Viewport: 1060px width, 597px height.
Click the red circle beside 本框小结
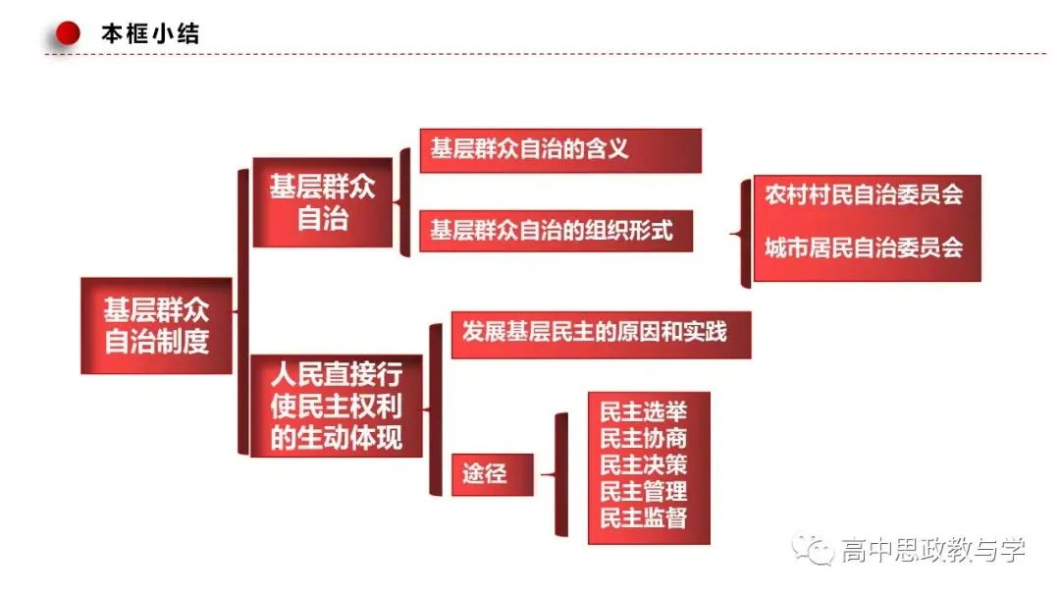tap(68, 33)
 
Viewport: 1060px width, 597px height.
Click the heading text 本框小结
tap(150, 33)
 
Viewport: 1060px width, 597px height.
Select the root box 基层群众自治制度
tap(156, 325)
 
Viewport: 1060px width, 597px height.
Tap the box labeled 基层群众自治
tap(323, 202)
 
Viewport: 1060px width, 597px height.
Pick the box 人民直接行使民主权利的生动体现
tap(336, 406)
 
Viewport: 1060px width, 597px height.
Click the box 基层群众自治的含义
tap(560, 150)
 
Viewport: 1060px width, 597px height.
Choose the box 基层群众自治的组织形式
tap(556, 231)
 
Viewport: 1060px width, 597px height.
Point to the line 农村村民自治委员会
tap(864, 194)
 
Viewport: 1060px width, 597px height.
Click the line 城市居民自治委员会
tap(864, 247)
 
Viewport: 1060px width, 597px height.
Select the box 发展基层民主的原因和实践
tap(601, 334)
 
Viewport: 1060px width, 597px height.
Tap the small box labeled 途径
tap(492, 474)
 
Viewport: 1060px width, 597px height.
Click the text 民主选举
tap(644, 411)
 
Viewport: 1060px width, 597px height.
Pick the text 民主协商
tap(644, 438)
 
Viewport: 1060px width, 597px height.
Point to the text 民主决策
tap(644, 464)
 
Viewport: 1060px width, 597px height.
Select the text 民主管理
tap(644, 491)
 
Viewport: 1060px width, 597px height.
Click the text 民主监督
tap(644, 517)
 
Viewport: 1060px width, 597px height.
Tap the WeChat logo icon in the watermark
tap(814, 549)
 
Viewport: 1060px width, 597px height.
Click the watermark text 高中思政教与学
tap(933, 550)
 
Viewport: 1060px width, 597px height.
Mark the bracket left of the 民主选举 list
tap(560, 474)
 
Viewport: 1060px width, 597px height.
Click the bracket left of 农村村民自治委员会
tap(745, 234)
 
